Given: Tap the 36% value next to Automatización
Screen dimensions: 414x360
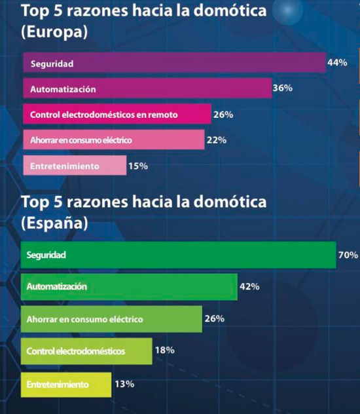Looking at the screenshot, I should [x=282, y=88].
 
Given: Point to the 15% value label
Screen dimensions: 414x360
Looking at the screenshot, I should [x=138, y=166].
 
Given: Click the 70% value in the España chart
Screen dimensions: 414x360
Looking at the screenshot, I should [x=348, y=255].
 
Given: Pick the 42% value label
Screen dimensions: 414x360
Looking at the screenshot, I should [x=250, y=286].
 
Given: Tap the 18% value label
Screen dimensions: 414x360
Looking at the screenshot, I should [x=164, y=350].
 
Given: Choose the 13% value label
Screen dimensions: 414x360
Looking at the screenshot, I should [x=124, y=383].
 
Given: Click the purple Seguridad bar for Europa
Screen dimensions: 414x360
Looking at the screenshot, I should [x=174, y=64].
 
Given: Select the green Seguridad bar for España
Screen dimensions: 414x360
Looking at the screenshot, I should [x=178, y=255].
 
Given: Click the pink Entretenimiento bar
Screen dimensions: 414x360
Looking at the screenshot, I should [x=74, y=166].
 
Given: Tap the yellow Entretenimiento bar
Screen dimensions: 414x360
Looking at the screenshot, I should [x=65, y=384].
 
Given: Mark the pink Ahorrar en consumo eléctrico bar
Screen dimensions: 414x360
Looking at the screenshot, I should [x=113, y=140].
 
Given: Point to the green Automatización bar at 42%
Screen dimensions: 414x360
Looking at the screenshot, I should [x=128, y=287].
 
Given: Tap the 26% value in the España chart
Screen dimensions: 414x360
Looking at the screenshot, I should [x=215, y=318].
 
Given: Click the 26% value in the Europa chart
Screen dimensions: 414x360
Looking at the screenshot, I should [x=223, y=115].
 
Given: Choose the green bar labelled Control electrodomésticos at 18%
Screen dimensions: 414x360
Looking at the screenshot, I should [x=86, y=351].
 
